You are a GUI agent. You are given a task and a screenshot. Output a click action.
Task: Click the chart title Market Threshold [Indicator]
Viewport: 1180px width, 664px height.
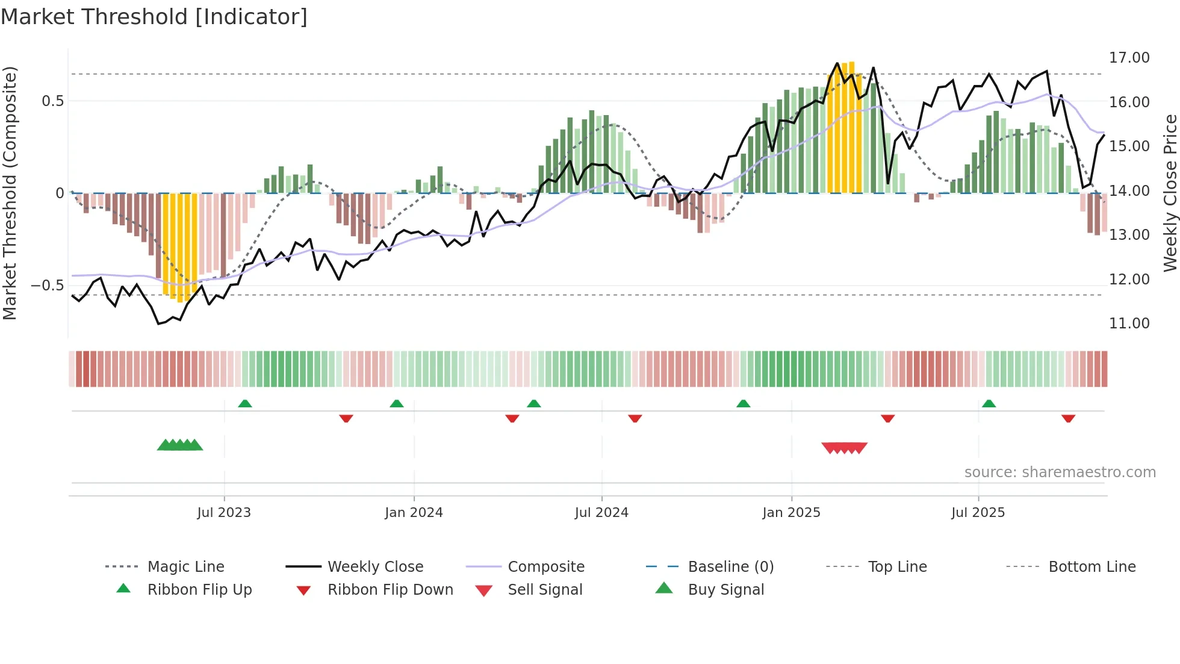pos(154,17)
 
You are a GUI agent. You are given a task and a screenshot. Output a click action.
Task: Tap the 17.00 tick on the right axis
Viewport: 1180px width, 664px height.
pos(1129,58)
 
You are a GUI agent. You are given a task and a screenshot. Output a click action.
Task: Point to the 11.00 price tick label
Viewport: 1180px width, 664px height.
pos(1129,324)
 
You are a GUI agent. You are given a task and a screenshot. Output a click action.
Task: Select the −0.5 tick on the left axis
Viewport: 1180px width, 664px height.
pos(47,285)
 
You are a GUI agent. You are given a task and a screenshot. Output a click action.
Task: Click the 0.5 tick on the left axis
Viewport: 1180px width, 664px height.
pos(52,101)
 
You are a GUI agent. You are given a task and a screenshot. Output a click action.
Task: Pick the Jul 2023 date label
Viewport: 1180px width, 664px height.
pos(224,513)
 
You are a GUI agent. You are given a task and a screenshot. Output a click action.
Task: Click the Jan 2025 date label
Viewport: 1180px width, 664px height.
pos(791,513)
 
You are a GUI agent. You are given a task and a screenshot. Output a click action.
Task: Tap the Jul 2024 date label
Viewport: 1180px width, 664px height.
pos(601,513)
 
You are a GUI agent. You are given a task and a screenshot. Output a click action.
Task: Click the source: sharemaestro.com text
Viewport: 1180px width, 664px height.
pos(1060,472)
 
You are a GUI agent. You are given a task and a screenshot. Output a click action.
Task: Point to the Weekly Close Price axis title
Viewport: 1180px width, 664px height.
pos(1170,193)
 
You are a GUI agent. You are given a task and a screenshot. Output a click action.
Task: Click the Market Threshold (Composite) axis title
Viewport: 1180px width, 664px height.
pos(10,193)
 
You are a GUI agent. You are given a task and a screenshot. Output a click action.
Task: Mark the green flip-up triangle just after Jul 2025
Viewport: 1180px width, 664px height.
pos(989,404)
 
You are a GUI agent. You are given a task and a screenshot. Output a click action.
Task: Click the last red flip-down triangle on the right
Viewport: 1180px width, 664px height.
pos(1068,418)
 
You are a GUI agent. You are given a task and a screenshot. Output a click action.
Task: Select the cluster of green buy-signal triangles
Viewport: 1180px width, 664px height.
pos(179,445)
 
